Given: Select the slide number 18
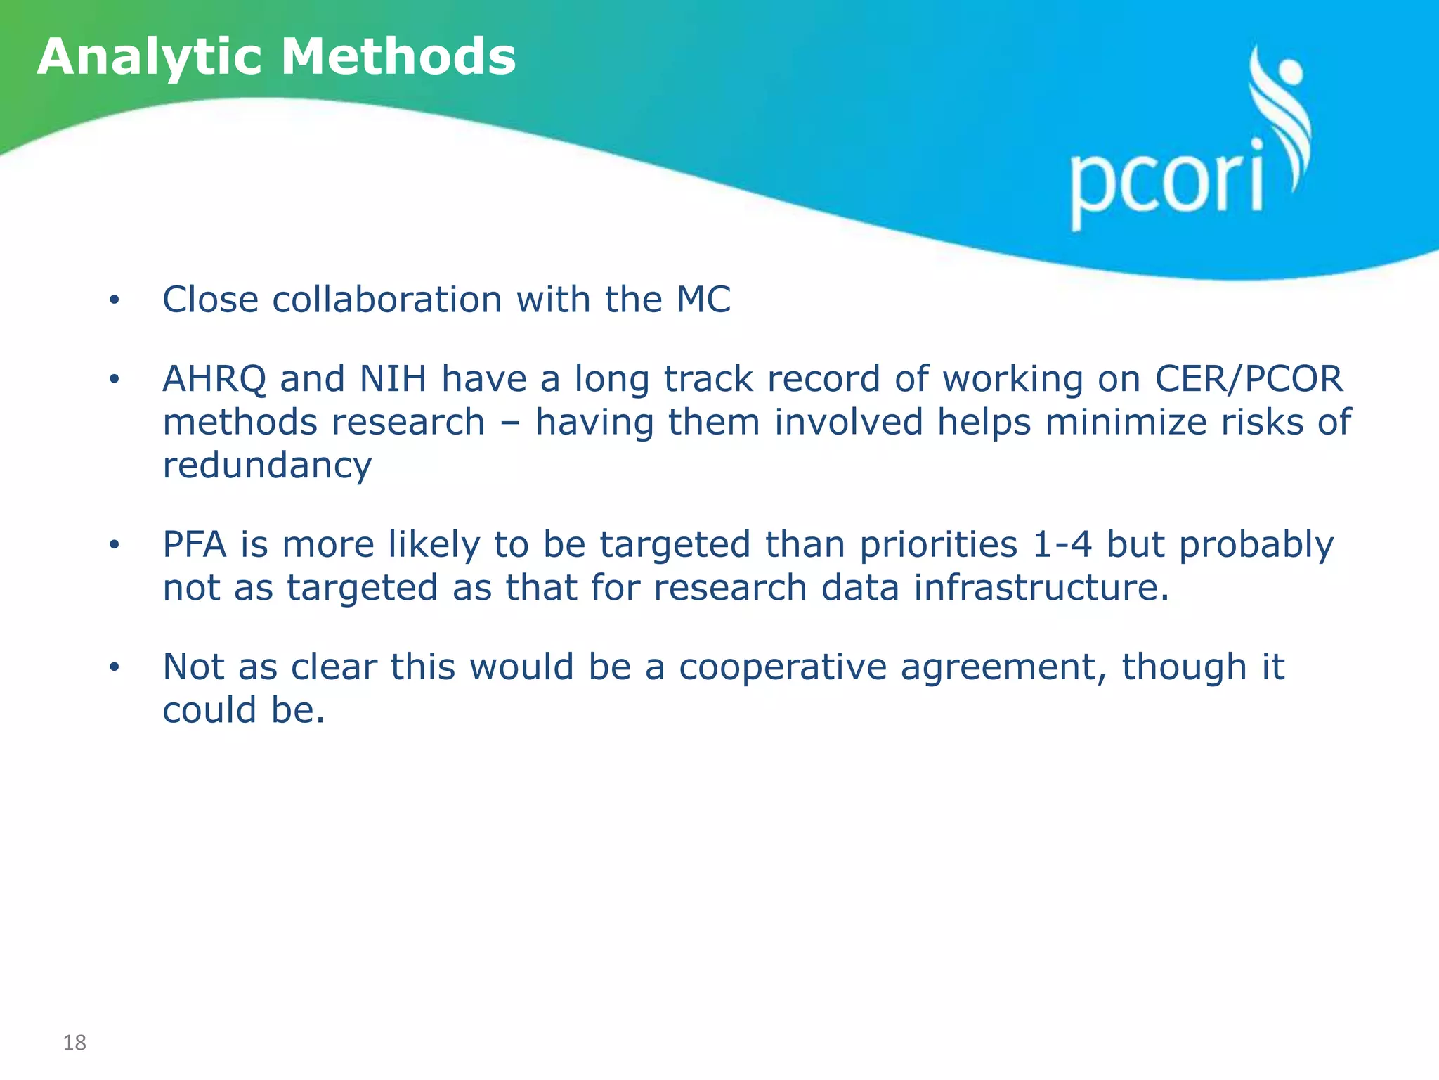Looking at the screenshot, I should click(x=74, y=1043).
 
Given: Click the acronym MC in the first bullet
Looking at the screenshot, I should click(x=703, y=300).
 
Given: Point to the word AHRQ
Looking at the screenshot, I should click(x=214, y=379).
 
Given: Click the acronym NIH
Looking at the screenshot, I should click(x=393, y=379).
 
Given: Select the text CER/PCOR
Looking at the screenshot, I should click(x=1249, y=379).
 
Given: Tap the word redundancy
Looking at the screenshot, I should click(x=267, y=466).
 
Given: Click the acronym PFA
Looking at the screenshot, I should click(x=194, y=545).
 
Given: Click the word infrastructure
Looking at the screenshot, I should click(x=1041, y=588).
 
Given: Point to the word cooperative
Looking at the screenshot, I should click(x=782, y=667).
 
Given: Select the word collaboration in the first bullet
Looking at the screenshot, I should click(x=387, y=300).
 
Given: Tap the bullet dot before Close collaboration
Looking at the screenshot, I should click(x=115, y=301).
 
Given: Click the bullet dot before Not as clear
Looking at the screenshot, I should click(x=115, y=667).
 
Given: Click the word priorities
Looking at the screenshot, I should click(x=939, y=545).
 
